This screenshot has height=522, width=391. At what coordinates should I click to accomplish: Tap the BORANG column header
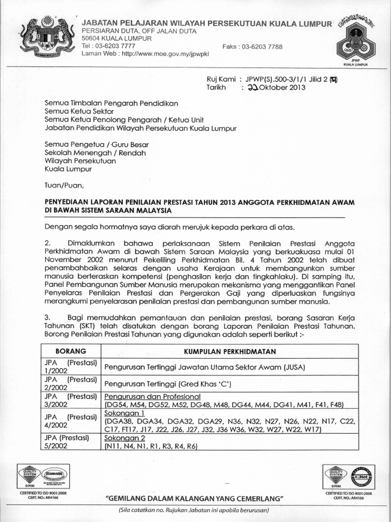coord(70,351)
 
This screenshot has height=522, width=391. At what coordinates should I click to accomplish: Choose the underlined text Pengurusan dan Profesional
coord(152,397)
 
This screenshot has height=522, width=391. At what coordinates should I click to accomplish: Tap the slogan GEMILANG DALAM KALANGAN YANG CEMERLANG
coord(194,498)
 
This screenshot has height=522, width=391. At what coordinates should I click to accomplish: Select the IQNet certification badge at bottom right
coord(366,476)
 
